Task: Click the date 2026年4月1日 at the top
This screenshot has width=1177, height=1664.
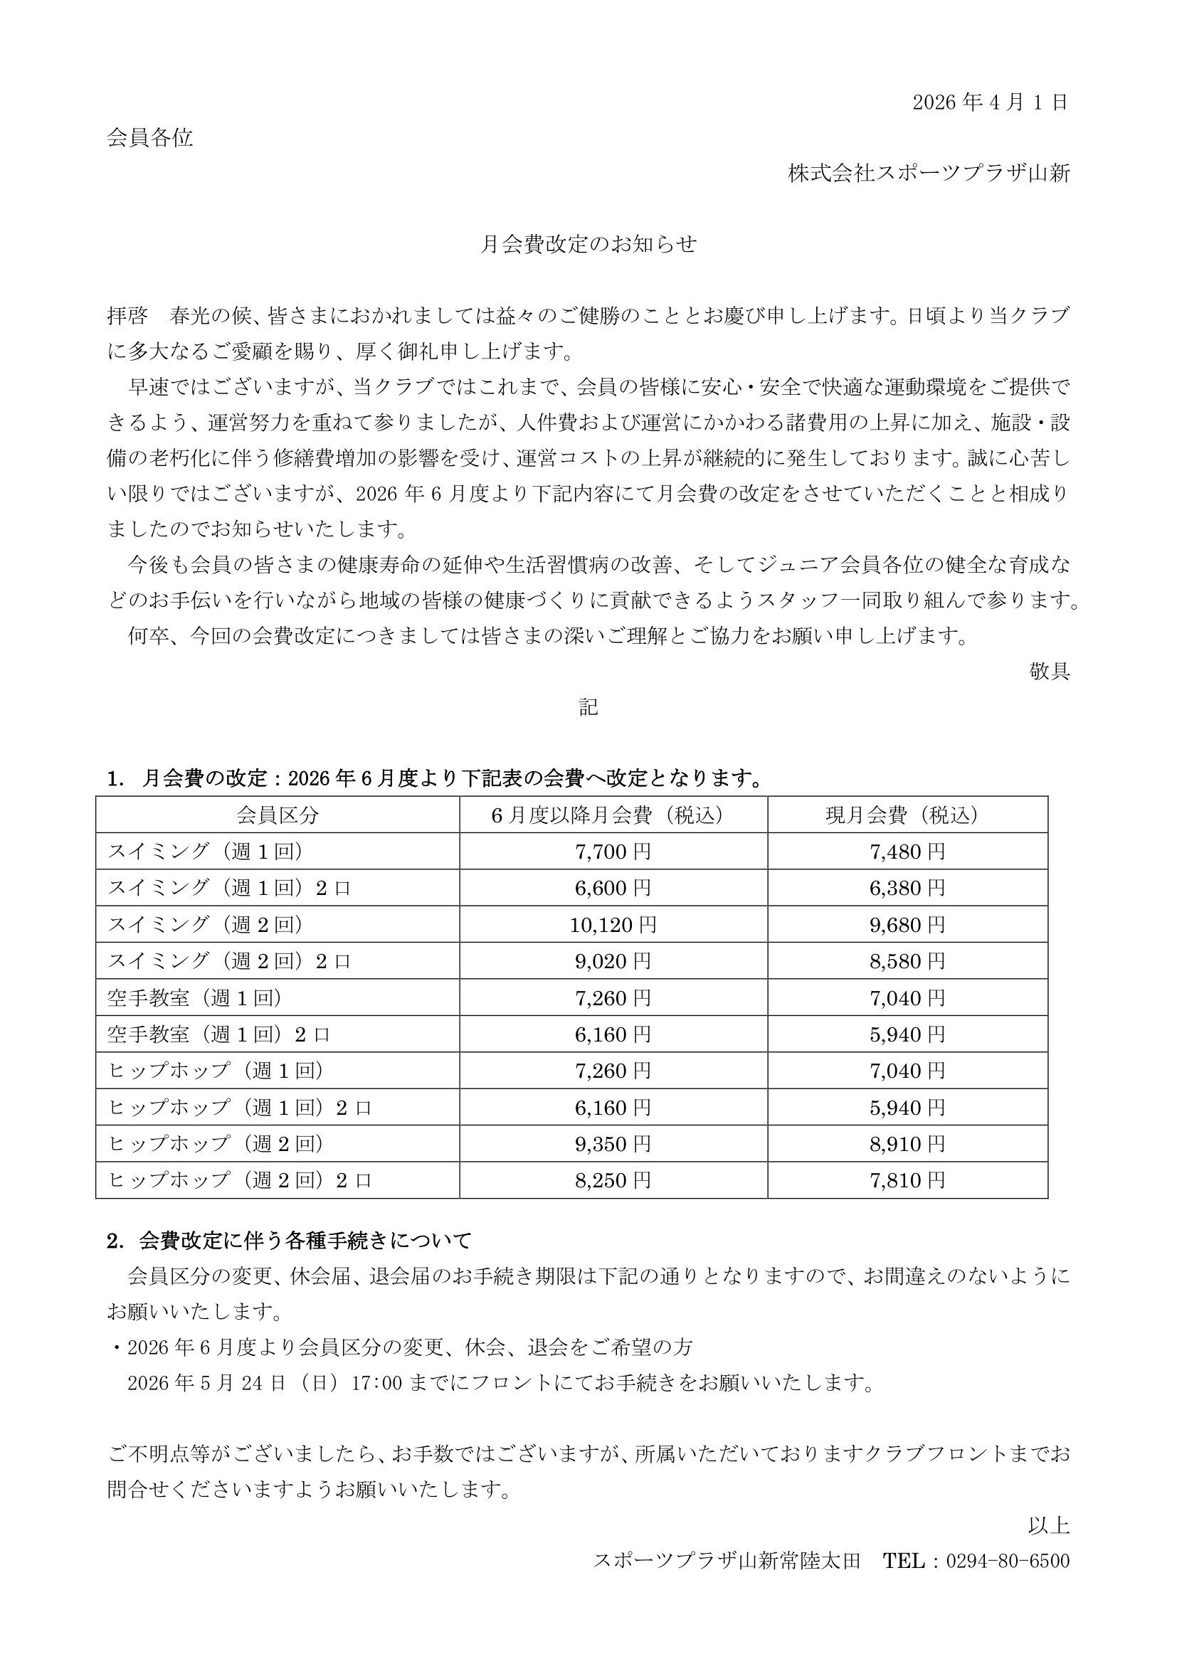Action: point(990,103)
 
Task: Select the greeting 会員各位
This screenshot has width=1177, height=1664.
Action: point(150,138)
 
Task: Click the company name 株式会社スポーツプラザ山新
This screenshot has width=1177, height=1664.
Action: point(929,174)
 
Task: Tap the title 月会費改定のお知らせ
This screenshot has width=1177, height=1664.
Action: point(588,245)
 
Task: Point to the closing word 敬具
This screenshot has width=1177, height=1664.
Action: point(1050,671)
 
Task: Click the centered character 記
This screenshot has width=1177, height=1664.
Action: point(588,707)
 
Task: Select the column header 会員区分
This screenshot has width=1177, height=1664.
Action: point(277,815)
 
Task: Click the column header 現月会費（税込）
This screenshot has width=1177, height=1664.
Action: point(907,815)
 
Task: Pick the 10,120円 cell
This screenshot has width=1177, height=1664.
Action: point(613,925)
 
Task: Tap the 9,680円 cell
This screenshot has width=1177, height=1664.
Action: point(907,925)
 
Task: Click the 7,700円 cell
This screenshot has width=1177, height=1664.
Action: point(613,852)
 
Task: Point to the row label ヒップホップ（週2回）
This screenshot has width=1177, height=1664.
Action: point(216,1144)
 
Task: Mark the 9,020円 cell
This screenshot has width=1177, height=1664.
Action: point(613,961)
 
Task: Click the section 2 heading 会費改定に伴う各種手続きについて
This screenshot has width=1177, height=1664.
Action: point(305,1241)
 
